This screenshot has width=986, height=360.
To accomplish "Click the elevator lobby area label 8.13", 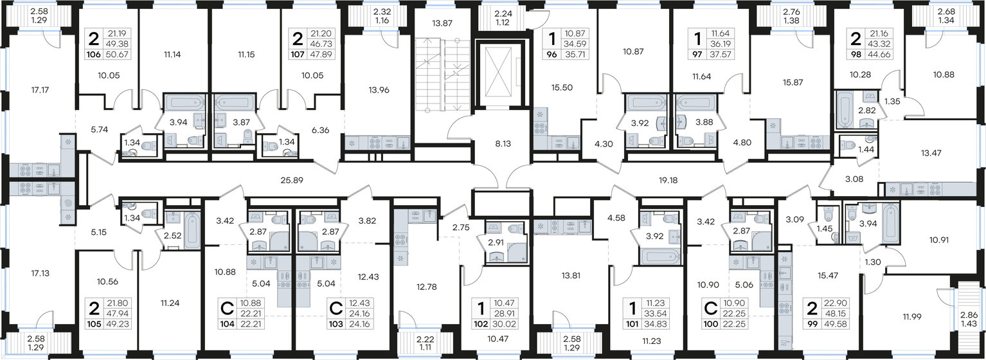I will click(x=486, y=145).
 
